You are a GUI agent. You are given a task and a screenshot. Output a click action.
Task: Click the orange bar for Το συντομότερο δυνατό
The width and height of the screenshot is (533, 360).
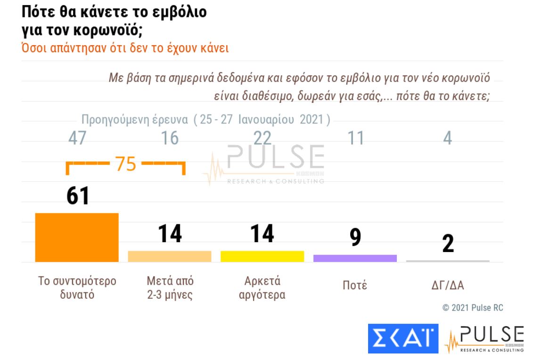click(77, 237)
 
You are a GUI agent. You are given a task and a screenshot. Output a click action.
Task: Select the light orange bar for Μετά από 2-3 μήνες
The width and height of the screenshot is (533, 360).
click(170, 256)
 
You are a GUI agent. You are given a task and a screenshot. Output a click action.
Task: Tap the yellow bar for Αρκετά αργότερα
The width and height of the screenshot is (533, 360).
click(262, 256)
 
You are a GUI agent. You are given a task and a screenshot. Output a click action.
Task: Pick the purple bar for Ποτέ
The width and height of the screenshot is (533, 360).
click(355, 258)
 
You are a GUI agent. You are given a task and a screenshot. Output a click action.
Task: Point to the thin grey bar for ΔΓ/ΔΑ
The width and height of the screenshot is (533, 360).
click(448, 261)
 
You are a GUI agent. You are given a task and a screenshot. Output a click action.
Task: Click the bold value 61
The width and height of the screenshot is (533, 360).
click(78, 196)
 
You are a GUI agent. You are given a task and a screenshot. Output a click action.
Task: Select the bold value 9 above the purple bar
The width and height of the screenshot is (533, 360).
click(355, 237)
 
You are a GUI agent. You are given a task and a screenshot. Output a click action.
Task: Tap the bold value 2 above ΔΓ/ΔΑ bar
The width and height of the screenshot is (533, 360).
click(448, 243)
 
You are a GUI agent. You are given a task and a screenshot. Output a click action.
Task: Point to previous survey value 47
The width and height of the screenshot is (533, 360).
click(78, 138)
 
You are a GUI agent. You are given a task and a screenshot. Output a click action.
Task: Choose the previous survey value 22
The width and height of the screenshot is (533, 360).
click(262, 138)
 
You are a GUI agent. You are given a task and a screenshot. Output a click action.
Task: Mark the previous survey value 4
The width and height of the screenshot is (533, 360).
click(448, 138)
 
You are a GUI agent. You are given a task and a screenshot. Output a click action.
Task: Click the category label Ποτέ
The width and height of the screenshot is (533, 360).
click(354, 286)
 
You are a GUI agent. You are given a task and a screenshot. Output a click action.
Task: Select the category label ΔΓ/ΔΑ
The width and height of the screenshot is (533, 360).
click(448, 286)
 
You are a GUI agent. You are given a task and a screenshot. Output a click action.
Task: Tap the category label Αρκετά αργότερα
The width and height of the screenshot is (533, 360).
click(262, 288)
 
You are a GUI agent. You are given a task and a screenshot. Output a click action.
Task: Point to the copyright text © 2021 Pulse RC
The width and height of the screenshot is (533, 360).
click(466, 308)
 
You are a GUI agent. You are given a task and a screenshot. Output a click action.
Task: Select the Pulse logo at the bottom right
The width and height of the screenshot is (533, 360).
click(485, 338)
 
